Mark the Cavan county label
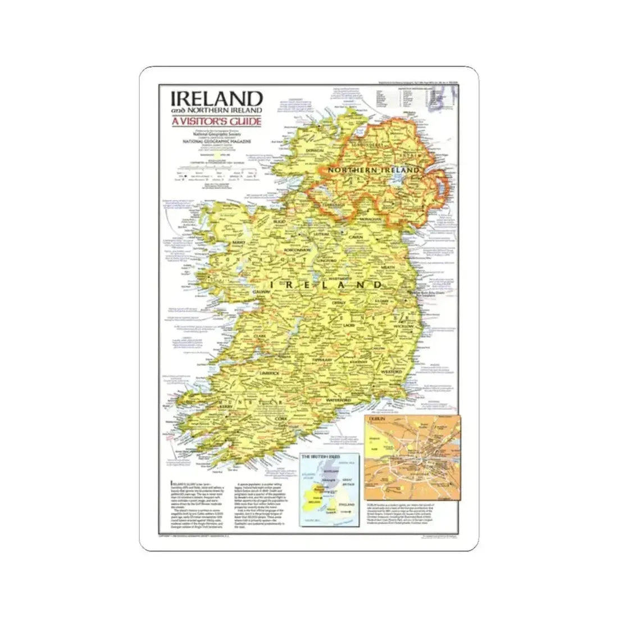358,240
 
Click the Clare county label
259,337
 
